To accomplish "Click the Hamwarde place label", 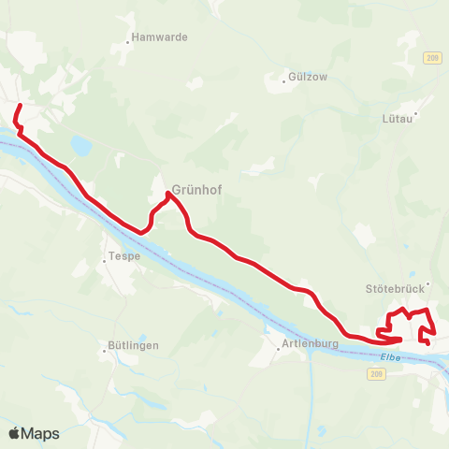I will pyautogui.click(x=162, y=37).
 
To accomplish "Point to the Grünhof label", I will pyautogui.click(x=196, y=185).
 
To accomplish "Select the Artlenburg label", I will pyautogui.click(x=309, y=343).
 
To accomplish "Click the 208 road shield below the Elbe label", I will pyautogui.click(x=376, y=373).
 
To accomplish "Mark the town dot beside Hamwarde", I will pyautogui.click(x=128, y=42).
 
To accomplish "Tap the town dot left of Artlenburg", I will pyautogui.click(x=276, y=343).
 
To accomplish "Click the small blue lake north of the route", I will pyautogui.click(x=80, y=146).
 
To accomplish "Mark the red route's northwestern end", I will pyautogui.click(x=21, y=106).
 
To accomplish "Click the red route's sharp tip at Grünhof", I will pyautogui.click(x=168, y=194).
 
